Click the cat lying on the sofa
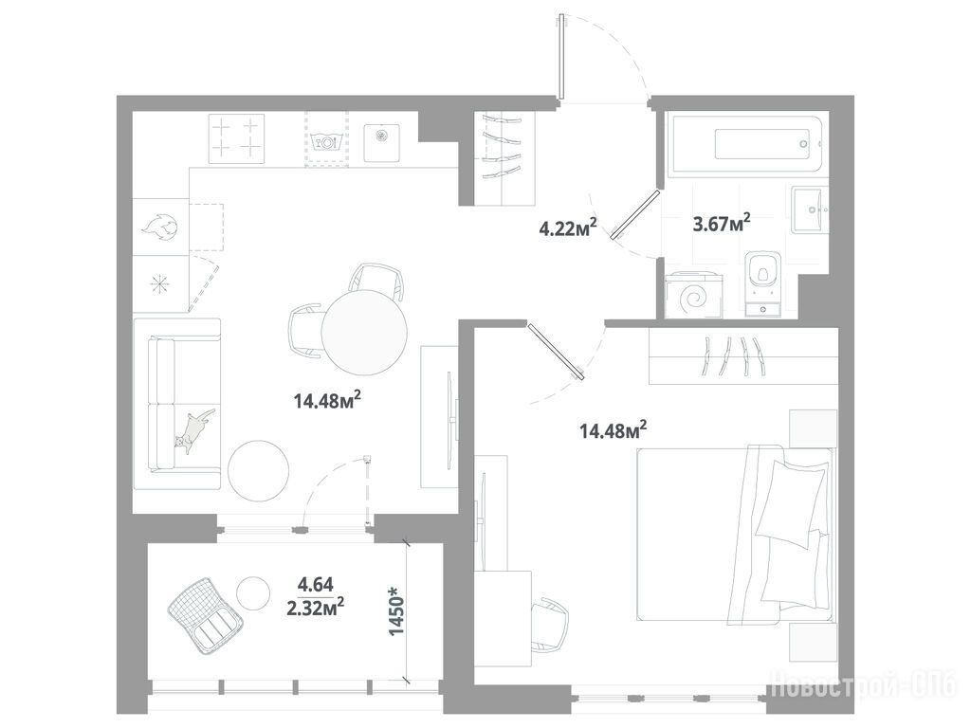click(x=193, y=428)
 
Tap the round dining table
click(x=364, y=332)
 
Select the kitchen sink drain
click(x=381, y=135)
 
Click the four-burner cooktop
click(x=236, y=138)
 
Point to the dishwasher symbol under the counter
click(x=326, y=141)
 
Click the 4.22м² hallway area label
click(x=568, y=228)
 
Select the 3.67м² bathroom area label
click(x=722, y=222)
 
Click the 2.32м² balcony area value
click(x=316, y=608)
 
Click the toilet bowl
click(x=762, y=273)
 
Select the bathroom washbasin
click(x=809, y=209)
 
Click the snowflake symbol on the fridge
click(x=159, y=283)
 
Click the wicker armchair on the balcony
click(x=205, y=614)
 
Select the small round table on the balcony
click(x=253, y=592)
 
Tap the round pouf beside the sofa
click(x=258, y=471)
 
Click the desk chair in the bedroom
click(x=551, y=624)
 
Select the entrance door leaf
click(x=560, y=57)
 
